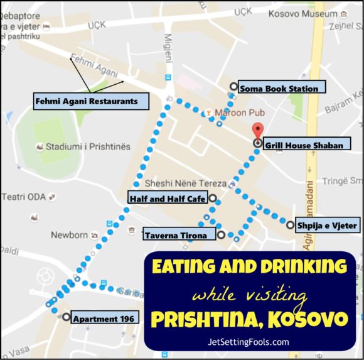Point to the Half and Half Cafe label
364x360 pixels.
click(167, 199)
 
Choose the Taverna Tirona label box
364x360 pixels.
click(179, 235)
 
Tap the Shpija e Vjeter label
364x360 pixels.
click(327, 225)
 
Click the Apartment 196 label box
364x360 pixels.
click(104, 318)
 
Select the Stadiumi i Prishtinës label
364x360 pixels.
click(88, 146)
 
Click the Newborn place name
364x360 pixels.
click(69, 235)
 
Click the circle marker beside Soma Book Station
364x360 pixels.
click(233, 87)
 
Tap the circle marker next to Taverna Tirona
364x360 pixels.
click(221, 235)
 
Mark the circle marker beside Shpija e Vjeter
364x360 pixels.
click(290, 224)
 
